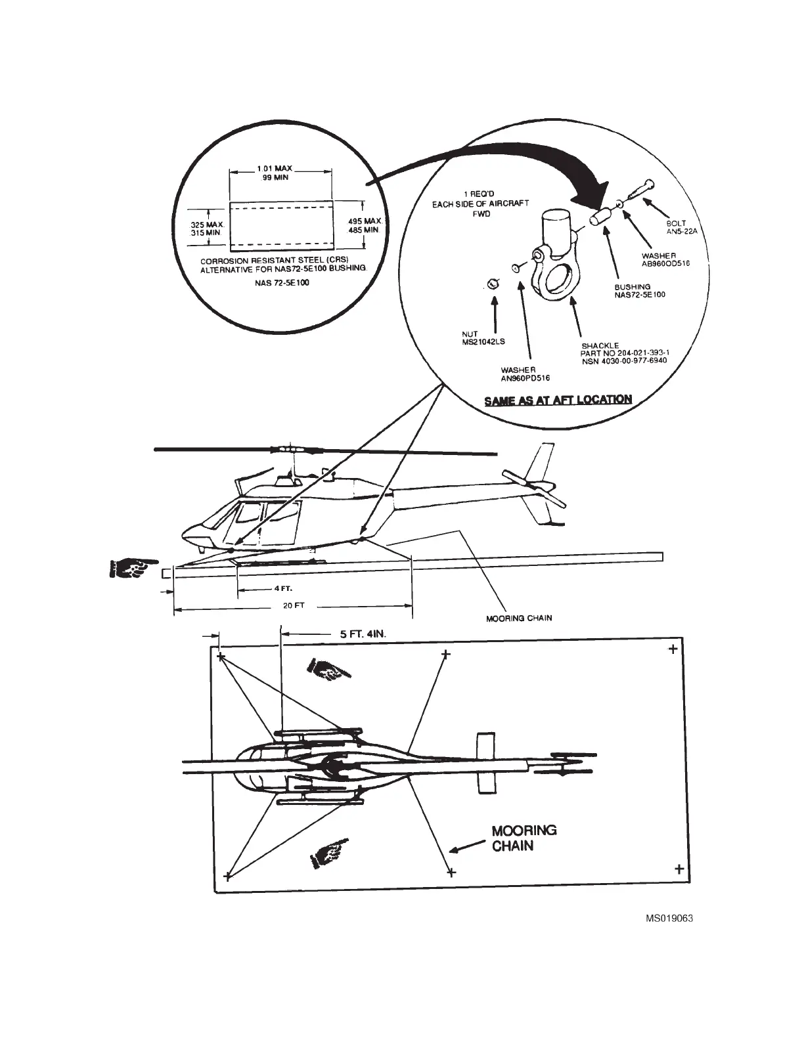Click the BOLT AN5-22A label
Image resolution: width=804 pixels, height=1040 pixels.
(677, 227)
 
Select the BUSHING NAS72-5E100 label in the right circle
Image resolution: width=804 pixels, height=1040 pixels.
(640, 290)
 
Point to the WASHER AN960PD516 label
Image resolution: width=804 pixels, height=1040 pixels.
(525, 374)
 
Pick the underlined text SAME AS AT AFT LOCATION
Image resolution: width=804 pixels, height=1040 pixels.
(558, 399)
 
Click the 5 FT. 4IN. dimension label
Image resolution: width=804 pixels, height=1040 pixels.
(358, 635)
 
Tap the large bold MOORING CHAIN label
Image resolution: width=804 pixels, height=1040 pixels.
(524, 838)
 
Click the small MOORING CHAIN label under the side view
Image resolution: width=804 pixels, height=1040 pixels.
(518, 618)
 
